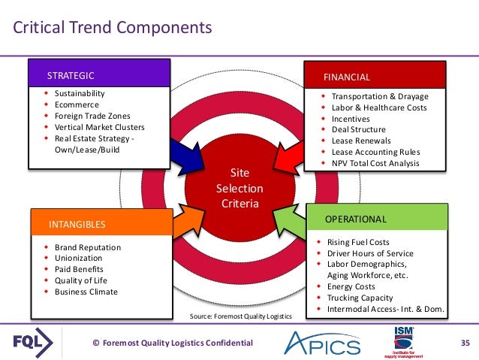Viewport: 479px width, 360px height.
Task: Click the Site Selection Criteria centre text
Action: (239, 189)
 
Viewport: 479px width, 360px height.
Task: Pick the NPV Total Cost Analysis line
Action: (375, 163)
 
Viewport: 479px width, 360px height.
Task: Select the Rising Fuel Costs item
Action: (359, 243)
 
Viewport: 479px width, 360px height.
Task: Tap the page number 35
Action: (464, 343)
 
